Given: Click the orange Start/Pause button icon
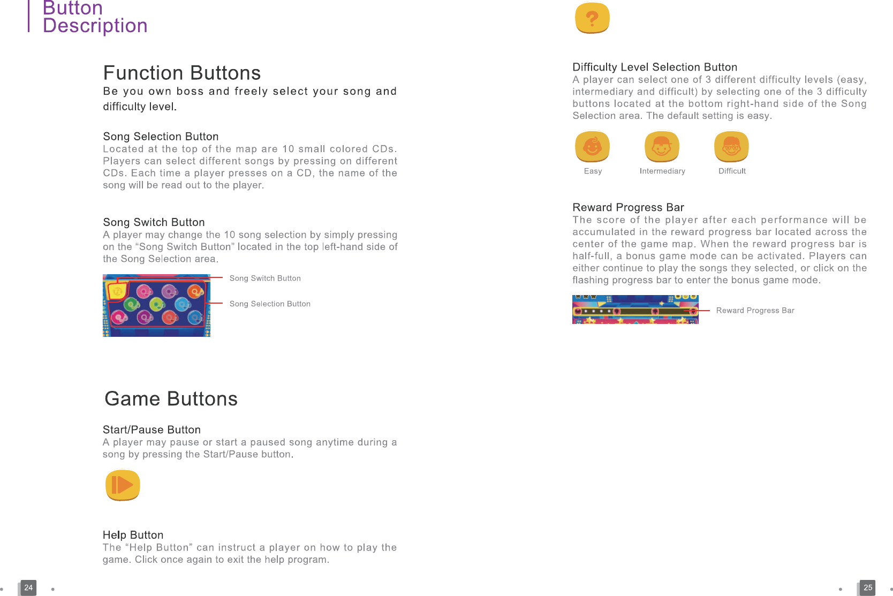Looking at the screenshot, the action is tap(123, 485).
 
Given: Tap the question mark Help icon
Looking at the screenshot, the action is tap(592, 18).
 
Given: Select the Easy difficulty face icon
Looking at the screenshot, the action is tap(592, 146).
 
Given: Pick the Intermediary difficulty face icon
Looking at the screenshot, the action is tap(662, 146).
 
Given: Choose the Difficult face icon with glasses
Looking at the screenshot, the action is tap(731, 146).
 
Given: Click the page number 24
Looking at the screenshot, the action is tap(28, 587).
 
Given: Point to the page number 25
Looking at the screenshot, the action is tap(868, 587).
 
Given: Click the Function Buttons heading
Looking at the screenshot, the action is tap(182, 72).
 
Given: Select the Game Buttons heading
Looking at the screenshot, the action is tap(171, 398).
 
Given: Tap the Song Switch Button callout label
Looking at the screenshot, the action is tap(265, 278).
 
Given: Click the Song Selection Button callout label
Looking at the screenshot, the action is tap(270, 304).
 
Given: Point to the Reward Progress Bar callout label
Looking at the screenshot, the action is tap(755, 311).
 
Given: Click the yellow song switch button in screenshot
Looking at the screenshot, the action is tap(118, 291).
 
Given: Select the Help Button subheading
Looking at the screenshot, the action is tap(133, 535).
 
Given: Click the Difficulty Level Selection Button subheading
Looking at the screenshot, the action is tap(655, 67).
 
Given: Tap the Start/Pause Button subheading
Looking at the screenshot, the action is tap(152, 430).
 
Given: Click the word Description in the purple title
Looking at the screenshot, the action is tap(95, 26).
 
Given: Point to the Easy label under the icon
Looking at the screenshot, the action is tap(593, 171).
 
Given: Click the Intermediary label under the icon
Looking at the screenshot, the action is tap(662, 171).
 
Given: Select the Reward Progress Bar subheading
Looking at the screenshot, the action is tap(629, 207).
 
